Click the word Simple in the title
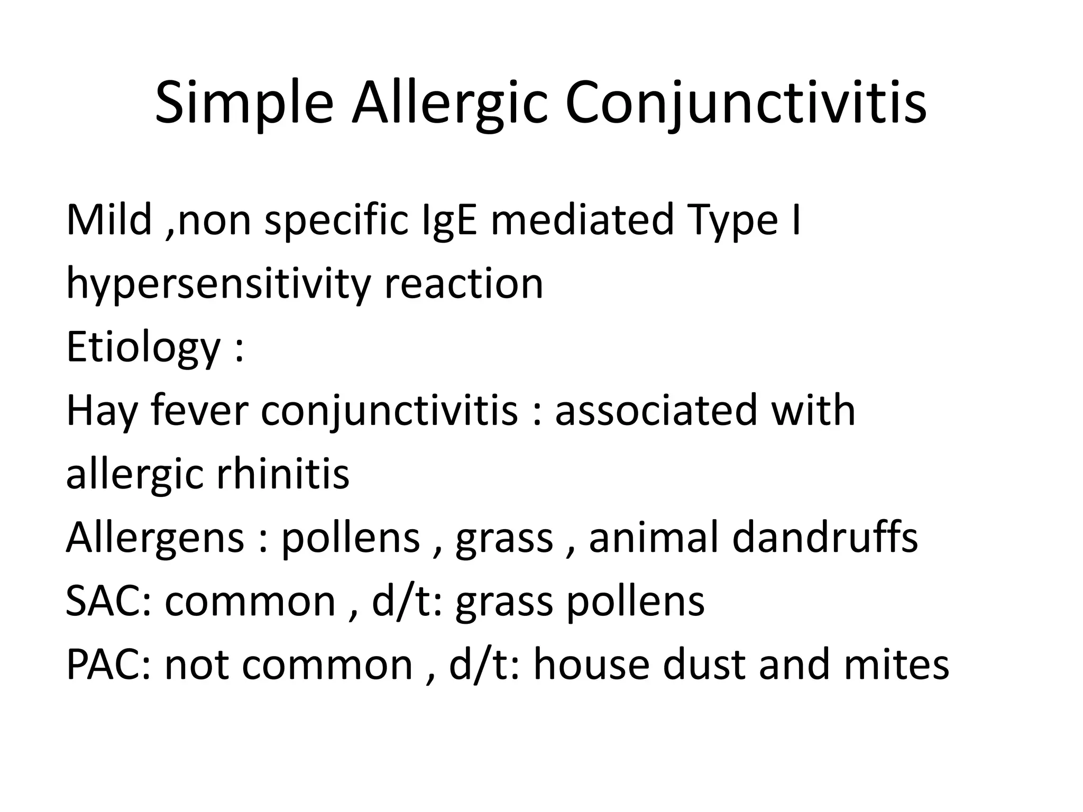[244, 104]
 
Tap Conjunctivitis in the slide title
[746, 104]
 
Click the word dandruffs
[825, 538]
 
